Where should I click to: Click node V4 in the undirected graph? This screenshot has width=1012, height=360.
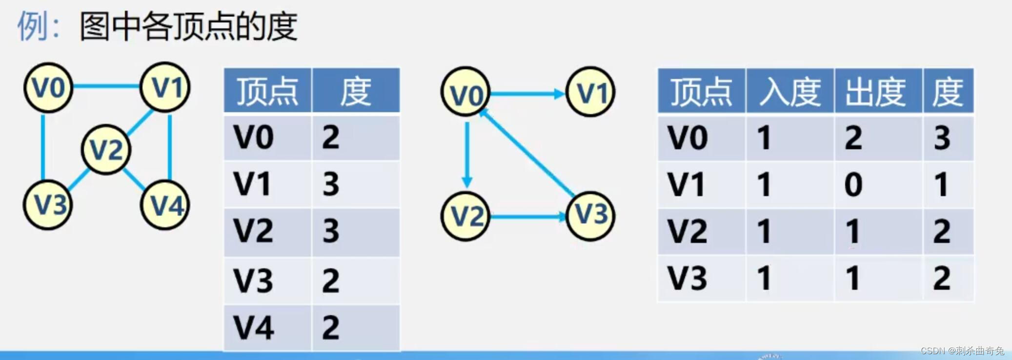[165, 205]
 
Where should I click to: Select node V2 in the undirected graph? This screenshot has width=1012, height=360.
[106, 149]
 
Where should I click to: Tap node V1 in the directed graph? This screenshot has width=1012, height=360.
[590, 92]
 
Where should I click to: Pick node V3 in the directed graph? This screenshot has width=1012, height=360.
[590, 216]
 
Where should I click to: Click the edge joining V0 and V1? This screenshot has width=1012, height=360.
[106, 87]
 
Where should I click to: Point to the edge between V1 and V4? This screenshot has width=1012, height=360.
[169, 146]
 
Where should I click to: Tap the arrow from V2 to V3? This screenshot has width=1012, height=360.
[527, 216]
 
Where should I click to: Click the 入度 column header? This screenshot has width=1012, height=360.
[790, 91]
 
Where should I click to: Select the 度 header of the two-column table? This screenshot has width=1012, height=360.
[355, 91]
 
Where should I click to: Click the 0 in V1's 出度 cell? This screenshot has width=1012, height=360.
[853, 184]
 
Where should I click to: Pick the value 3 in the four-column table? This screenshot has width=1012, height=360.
[942, 138]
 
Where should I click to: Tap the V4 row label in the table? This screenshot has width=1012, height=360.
[254, 327]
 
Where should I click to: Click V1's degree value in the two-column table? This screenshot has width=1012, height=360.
[331, 184]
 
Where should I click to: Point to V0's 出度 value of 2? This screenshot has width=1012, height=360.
[853, 138]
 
